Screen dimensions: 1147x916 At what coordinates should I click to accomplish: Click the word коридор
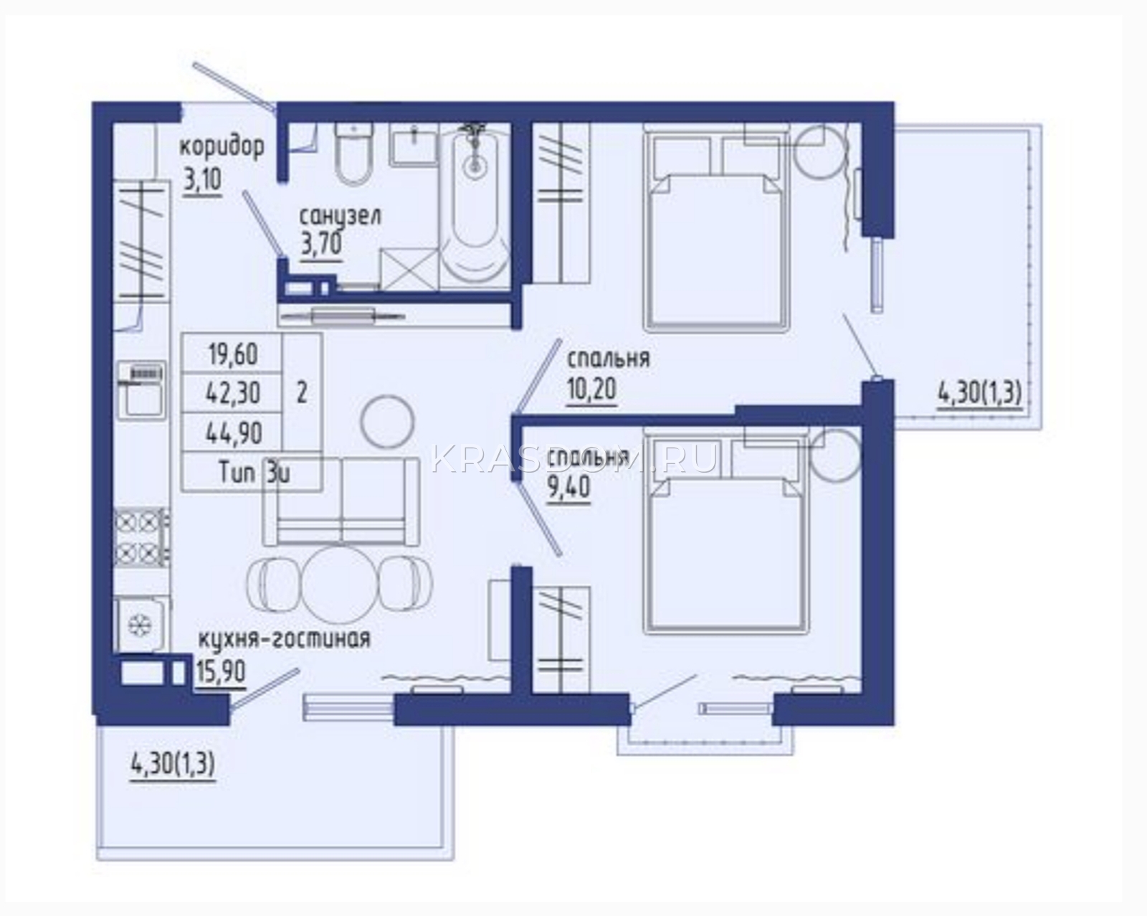222,147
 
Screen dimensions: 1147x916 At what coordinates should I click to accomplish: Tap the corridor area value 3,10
202,180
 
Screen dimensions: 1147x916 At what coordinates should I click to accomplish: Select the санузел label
341,217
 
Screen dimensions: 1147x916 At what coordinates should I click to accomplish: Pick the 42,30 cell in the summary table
234,393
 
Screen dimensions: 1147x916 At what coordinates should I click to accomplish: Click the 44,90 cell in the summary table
234,432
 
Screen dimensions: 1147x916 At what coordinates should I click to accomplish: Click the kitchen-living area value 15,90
221,671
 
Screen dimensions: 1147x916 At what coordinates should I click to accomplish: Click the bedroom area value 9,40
568,486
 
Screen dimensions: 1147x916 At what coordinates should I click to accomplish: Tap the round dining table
340,584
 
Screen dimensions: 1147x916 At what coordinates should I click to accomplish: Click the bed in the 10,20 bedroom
716,228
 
